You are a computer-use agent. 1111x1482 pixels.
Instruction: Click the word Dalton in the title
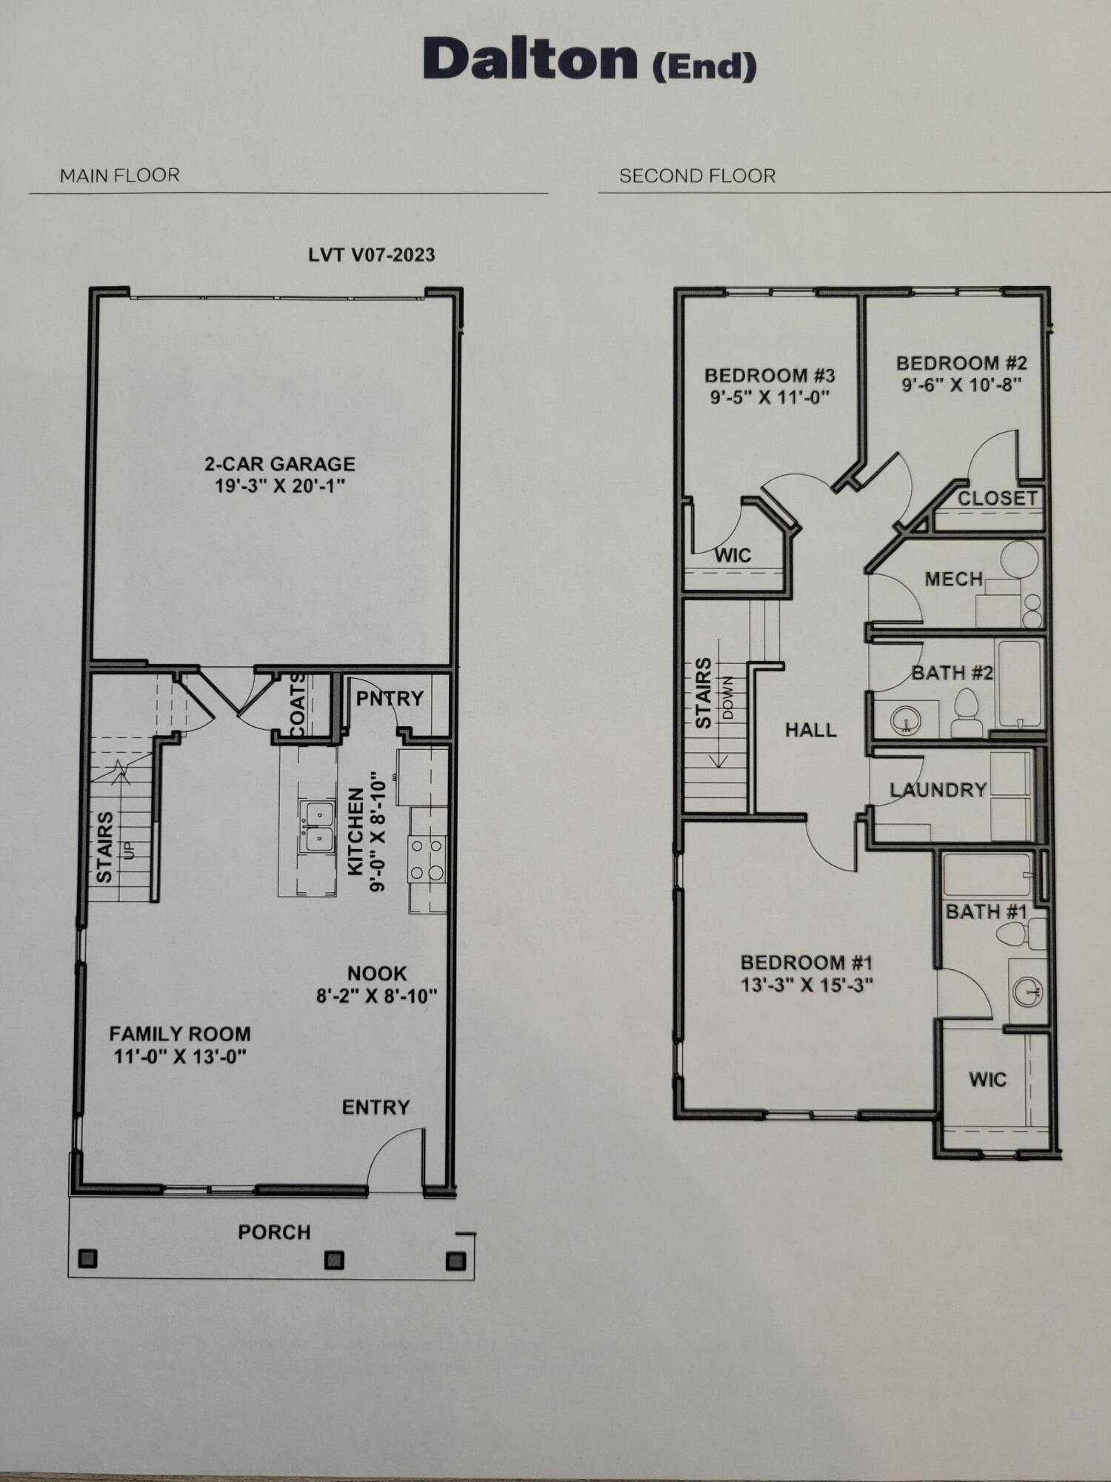click(x=530, y=59)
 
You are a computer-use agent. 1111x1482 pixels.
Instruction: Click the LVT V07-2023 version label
click(x=371, y=255)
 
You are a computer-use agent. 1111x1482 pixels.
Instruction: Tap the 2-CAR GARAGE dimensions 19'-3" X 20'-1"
click(x=280, y=486)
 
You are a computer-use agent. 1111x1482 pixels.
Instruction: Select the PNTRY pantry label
click(x=390, y=698)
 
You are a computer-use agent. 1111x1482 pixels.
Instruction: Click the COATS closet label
click(x=296, y=705)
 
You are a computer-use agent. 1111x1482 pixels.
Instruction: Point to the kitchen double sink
click(x=316, y=827)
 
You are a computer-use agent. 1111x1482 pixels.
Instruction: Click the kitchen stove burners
click(x=427, y=858)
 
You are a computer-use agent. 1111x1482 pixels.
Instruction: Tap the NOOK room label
click(x=377, y=973)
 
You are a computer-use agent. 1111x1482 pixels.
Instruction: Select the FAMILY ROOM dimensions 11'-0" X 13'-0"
click(x=179, y=1056)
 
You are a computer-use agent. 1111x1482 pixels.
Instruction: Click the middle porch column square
click(x=334, y=1259)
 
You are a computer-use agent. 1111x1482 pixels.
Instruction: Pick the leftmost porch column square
click(x=87, y=1258)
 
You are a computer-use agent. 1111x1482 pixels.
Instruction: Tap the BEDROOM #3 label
click(x=770, y=375)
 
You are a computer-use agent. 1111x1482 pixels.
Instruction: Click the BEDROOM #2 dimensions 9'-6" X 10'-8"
click(x=961, y=385)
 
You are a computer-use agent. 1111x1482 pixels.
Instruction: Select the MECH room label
click(x=953, y=579)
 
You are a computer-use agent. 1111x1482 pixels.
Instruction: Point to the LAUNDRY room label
click(x=938, y=790)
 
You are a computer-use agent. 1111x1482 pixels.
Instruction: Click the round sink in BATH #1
click(x=1028, y=991)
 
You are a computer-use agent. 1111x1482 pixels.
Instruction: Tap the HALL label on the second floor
click(x=810, y=730)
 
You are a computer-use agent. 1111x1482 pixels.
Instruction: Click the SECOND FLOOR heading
click(x=697, y=176)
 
